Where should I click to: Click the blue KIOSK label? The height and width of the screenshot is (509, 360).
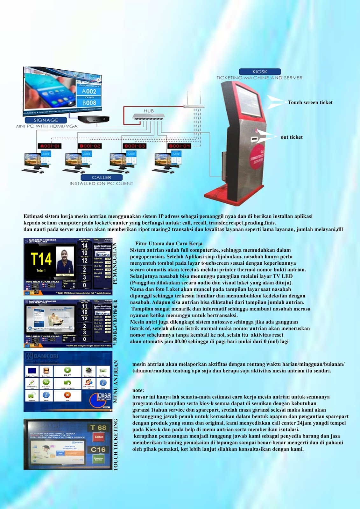[260, 72]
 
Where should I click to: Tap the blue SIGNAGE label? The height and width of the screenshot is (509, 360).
[46, 120]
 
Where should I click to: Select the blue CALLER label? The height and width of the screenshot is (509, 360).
[102, 178]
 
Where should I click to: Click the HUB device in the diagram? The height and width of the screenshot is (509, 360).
[149, 116]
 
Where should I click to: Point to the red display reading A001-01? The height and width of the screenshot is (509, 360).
[49, 146]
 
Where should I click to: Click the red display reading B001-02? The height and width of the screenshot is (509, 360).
[90, 146]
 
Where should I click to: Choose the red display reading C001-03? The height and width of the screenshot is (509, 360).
[135, 146]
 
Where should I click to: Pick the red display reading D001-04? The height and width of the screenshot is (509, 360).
[179, 146]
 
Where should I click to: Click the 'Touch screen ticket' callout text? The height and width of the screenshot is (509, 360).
[310, 102]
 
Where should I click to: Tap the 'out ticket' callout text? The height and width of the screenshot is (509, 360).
[292, 137]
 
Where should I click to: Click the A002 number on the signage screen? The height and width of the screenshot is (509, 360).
[89, 91]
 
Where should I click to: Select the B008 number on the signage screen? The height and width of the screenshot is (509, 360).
[89, 103]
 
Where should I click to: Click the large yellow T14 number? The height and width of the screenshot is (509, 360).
[41, 259]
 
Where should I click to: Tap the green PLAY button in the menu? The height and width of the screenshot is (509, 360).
[67, 371]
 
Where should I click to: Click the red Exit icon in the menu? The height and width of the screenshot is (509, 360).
[67, 395]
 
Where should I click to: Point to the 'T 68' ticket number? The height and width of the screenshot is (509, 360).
[98, 428]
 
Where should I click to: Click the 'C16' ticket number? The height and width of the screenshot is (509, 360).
[98, 450]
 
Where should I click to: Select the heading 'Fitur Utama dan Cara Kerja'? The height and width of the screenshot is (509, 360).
[169, 244]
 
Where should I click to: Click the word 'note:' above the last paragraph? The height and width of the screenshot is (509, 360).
[138, 390]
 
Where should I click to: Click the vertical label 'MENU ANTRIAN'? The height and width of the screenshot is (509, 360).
[116, 381]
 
